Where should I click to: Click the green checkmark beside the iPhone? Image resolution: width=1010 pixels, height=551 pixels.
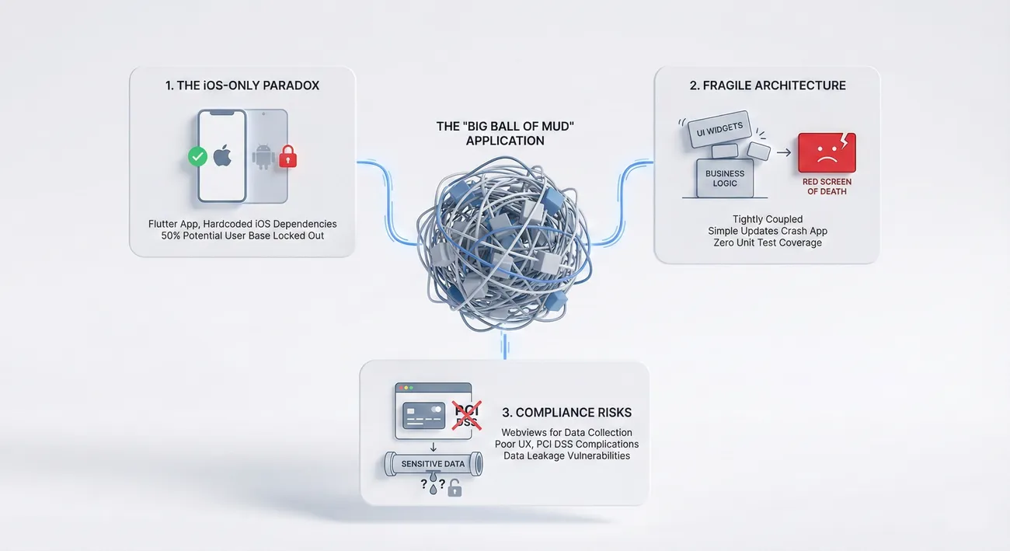click(198, 157)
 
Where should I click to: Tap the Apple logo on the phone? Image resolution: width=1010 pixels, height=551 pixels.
click(222, 155)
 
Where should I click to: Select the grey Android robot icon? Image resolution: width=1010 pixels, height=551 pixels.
click(263, 156)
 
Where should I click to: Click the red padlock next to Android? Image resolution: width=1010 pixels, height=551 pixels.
click(287, 157)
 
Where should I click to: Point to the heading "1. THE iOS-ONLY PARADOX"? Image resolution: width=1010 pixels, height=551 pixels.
click(242, 85)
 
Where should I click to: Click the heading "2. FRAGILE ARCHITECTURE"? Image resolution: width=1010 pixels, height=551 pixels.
click(768, 85)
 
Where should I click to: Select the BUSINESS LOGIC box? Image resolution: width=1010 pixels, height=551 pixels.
click(724, 178)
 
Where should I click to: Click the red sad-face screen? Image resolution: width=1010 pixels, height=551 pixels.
click(827, 152)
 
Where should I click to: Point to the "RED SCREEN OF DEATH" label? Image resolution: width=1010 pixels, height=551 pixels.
click(827, 187)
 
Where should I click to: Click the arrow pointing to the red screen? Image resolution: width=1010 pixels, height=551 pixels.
click(783, 152)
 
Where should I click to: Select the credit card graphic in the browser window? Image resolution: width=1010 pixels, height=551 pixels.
click(423, 415)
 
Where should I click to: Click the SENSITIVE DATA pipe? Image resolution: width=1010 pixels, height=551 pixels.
click(433, 464)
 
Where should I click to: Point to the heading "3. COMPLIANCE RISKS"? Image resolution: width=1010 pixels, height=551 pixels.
click(566, 413)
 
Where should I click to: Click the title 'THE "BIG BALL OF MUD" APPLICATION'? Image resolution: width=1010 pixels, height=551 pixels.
click(505, 133)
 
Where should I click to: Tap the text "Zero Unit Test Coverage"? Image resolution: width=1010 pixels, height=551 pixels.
click(767, 242)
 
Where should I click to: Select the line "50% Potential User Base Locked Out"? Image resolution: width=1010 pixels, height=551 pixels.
click(242, 235)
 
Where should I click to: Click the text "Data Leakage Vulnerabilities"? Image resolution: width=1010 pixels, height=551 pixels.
click(566, 455)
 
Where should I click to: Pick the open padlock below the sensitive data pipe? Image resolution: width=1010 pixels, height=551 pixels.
click(454, 488)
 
